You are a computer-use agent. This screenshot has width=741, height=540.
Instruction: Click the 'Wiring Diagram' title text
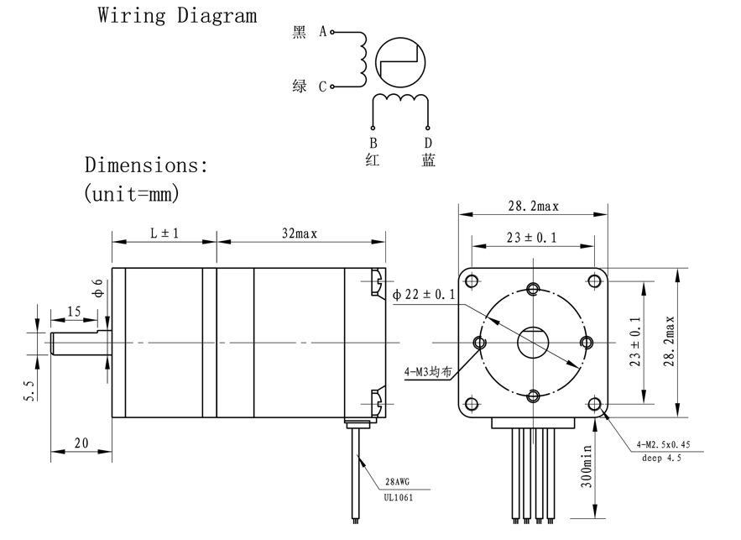point(177,16)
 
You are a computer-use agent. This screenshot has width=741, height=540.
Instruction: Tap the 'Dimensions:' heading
point(146,165)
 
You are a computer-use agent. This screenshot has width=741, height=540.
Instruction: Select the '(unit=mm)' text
point(132,193)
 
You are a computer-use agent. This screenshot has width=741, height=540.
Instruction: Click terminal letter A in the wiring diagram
point(322,32)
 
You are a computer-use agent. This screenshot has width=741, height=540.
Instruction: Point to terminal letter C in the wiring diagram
point(322,87)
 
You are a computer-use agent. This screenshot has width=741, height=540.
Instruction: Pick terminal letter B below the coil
point(373,143)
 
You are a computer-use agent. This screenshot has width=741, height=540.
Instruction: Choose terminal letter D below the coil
point(428,143)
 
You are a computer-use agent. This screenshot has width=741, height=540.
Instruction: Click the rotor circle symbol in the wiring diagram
point(399,62)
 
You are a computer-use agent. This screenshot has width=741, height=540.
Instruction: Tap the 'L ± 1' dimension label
point(164,233)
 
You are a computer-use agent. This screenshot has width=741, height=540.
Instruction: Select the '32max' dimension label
point(300,233)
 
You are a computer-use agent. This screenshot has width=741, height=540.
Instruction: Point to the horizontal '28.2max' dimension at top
point(533,207)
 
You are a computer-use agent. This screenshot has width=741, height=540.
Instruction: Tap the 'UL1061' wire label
point(399,497)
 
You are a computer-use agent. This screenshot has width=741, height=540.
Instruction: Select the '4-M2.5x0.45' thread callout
point(669,444)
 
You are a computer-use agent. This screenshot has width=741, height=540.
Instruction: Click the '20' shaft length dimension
point(81,443)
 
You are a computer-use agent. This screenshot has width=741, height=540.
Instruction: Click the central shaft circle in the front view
point(532,343)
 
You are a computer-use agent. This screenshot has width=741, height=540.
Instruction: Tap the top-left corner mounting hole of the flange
point(472,280)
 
